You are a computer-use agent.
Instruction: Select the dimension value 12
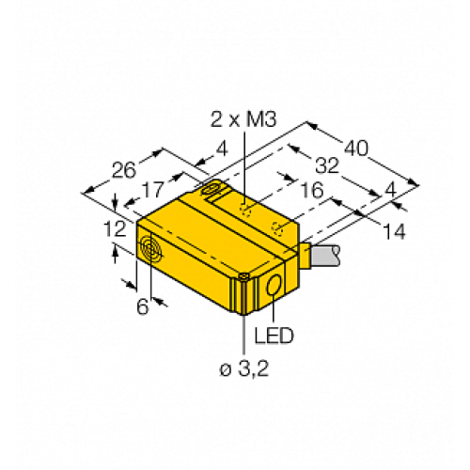[x=117, y=227]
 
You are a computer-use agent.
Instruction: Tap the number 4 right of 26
[x=221, y=149]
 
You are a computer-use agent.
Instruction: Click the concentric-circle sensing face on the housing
[x=149, y=248]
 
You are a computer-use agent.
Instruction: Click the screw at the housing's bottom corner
[x=243, y=277]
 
